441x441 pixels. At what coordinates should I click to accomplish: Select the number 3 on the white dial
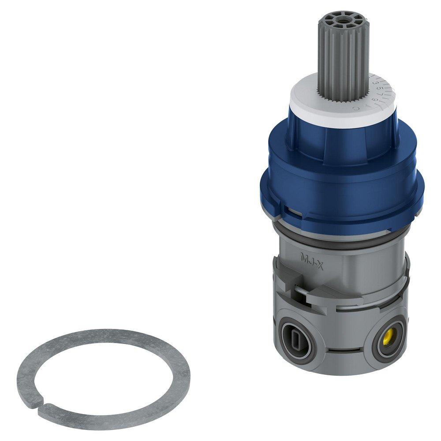[x=374, y=82]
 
